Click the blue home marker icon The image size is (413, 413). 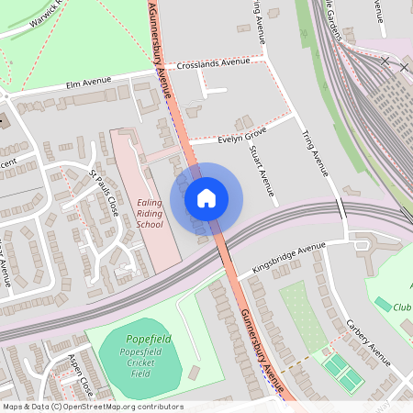[x=206, y=197]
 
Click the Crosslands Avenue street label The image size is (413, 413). [x=214, y=63]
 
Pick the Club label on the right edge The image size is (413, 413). [x=403, y=307]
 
